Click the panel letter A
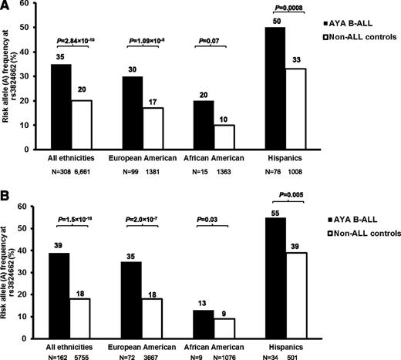(5, 6)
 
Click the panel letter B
(5, 189)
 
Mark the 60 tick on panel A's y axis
(22, 5)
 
